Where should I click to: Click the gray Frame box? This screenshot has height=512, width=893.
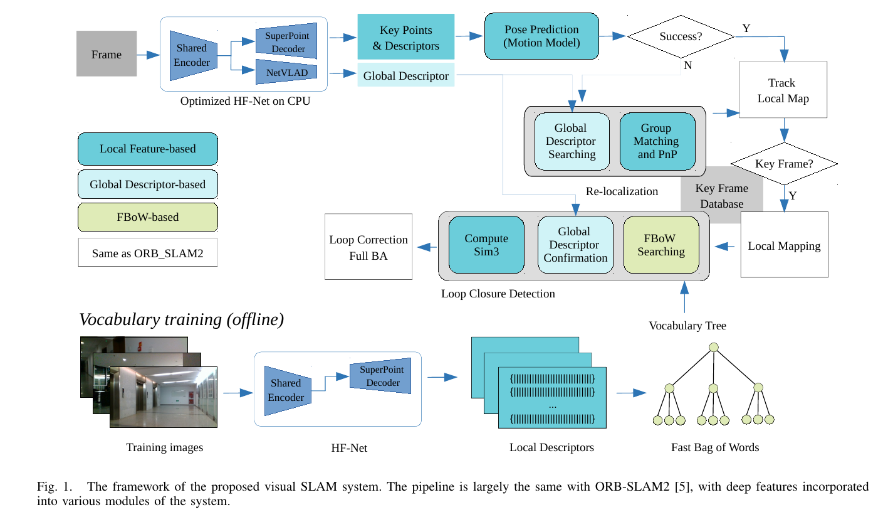(107, 54)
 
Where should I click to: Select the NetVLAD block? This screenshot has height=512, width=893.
(286, 72)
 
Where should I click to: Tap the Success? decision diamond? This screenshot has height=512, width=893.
(681, 36)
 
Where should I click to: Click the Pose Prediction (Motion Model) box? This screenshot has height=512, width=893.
(542, 36)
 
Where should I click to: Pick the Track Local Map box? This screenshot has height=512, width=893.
(783, 90)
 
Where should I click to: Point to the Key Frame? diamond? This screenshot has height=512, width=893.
(784, 163)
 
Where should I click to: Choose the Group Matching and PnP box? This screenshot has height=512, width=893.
(657, 141)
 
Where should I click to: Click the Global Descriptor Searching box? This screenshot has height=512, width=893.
(572, 141)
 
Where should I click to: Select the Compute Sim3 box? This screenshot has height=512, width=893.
(486, 245)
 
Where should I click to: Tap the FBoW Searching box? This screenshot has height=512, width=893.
(661, 245)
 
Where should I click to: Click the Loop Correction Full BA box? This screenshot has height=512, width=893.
(368, 247)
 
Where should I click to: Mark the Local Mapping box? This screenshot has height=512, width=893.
(784, 245)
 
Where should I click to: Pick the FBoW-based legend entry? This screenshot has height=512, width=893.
(148, 217)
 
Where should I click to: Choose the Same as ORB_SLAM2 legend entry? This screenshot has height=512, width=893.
(148, 253)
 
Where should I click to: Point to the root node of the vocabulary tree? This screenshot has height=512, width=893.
(714, 347)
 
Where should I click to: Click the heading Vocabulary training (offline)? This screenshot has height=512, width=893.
(182, 319)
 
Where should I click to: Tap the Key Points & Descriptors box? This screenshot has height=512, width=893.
(405, 37)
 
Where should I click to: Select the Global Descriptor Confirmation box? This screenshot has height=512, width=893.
(575, 245)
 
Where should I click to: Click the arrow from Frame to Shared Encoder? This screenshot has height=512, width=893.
(149, 55)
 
